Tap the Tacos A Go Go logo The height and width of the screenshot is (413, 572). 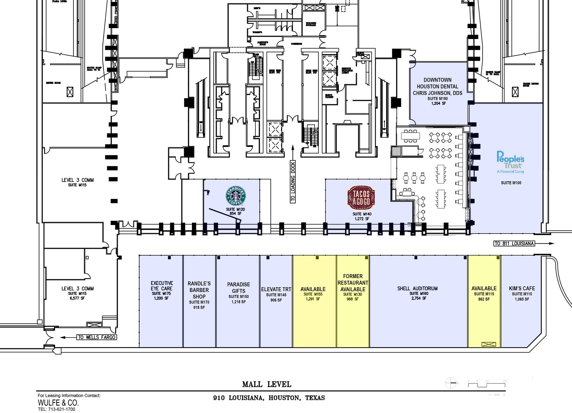click(x=361, y=198)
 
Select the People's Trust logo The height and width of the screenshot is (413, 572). click(x=510, y=162)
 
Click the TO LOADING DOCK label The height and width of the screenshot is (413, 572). click(x=293, y=182)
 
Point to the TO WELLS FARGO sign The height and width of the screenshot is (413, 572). click(x=97, y=337)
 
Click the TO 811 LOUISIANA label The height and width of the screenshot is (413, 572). click(x=514, y=243)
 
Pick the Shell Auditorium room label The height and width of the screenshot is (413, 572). click(x=418, y=289)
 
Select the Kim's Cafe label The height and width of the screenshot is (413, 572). click(x=522, y=289)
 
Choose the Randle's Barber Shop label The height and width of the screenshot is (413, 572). click(x=199, y=290)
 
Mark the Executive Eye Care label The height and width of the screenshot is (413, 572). click(x=162, y=286)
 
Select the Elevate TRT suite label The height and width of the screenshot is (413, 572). click(x=276, y=290)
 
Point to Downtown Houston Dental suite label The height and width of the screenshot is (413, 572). click(x=437, y=86)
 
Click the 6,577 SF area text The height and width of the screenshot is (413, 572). click(x=77, y=298)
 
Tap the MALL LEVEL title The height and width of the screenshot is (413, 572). click(x=266, y=385)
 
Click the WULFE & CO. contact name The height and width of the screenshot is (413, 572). click(x=58, y=403)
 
